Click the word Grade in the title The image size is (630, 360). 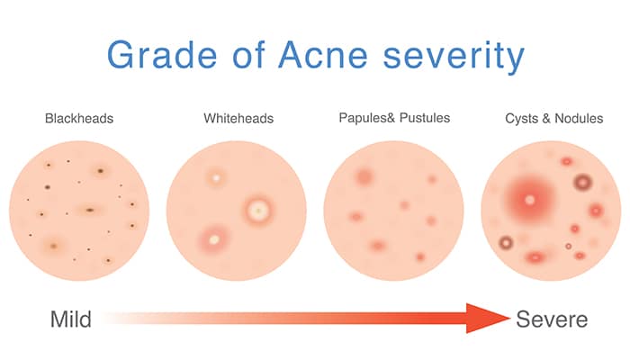pyautogui.click(x=162, y=55)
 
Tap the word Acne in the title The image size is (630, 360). pyautogui.click(x=323, y=55)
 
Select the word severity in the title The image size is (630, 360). pyautogui.click(x=454, y=57)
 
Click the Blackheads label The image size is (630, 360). pyautogui.click(x=79, y=119)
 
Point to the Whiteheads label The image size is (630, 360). pyautogui.click(x=238, y=119)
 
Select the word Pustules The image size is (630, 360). pyautogui.click(x=425, y=118)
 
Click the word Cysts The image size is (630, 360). pyautogui.click(x=521, y=119)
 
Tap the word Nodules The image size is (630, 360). pyautogui.click(x=579, y=119)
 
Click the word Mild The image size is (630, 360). pyautogui.click(x=71, y=319)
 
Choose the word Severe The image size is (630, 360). pyautogui.click(x=552, y=319)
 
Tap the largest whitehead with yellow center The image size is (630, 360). pyautogui.click(x=258, y=211)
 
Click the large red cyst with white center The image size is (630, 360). pyautogui.click(x=529, y=200)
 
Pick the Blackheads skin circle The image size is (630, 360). pyautogui.click(x=79, y=211)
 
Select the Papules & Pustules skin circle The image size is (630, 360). pyautogui.click(x=394, y=211)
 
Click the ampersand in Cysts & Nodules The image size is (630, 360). pyautogui.click(x=546, y=119)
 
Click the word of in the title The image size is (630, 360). pyautogui.click(x=248, y=55)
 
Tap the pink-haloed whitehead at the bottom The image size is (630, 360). pyautogui.click(x=214, y=240)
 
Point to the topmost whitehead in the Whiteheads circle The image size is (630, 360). pyautogui.click(x=216, y=177)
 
